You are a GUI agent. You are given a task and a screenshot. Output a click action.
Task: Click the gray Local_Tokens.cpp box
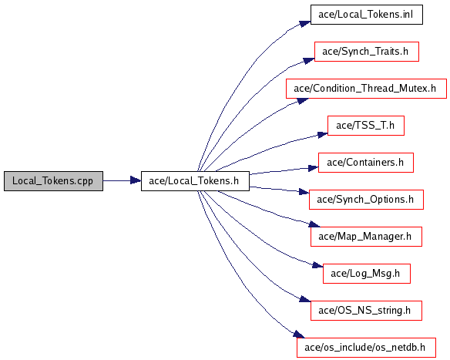click(53, 181)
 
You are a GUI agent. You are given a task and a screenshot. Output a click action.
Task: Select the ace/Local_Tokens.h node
click(195, 181)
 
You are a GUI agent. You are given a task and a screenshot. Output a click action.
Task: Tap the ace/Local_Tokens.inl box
click(367, 15)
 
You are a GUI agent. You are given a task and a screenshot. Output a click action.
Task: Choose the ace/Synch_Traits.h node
click(367, 52)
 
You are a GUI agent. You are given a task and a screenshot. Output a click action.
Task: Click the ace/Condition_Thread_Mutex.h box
click(366, 89)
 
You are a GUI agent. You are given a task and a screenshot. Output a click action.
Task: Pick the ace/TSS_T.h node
click(366, 126)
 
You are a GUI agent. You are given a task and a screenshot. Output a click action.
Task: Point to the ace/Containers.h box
click(366, 163)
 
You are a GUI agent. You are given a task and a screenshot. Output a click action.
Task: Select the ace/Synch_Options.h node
click(366, 200)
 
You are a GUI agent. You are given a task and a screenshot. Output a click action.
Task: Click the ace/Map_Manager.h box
click(366, 237)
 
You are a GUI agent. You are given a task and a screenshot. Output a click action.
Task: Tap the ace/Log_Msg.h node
click(367, 274)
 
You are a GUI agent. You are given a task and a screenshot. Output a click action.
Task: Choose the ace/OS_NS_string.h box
click(366, 311)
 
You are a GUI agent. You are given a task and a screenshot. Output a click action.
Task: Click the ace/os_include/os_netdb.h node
click(366, 348)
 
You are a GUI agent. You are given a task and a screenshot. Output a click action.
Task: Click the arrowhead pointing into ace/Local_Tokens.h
click(136, 180)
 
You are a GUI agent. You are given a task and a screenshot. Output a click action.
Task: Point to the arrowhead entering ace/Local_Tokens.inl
click(305, 24)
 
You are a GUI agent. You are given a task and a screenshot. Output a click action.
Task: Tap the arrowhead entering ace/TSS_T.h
click(322, 134)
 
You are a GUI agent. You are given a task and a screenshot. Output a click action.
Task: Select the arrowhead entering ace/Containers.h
click(313, 168)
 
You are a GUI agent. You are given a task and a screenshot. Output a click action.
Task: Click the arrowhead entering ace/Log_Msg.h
click(317, 265)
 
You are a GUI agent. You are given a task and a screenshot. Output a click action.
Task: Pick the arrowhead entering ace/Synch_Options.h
click(304, 192)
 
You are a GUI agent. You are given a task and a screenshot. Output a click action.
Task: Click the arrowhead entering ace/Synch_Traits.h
click(309, 61)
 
